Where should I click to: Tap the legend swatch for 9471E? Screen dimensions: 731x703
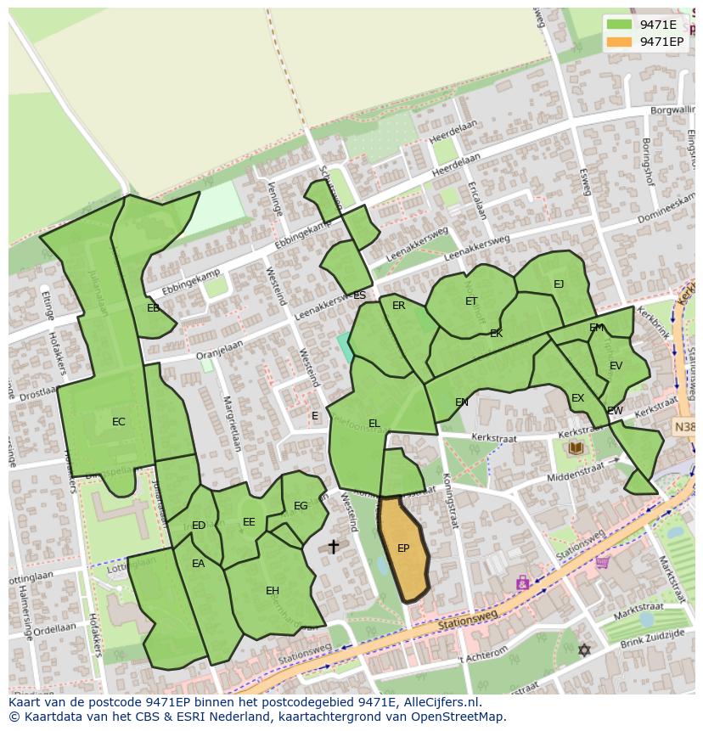(620, 25)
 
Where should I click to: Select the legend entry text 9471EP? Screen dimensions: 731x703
(661, 42)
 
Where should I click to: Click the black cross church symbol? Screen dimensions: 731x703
(333, 547)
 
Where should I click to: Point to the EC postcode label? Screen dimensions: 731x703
(119, 421)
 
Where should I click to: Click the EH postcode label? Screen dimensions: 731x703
(272, 591)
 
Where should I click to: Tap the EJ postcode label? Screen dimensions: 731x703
(558, 284)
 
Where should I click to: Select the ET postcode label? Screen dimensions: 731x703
(471, 301)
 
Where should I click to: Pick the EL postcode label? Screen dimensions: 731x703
(374, 424)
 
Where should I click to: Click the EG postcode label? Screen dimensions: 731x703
(301, 506)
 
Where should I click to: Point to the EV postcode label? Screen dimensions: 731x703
(616, 366)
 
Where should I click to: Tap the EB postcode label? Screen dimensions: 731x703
(153, 308)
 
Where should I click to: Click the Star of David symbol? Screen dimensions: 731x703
(583, 650)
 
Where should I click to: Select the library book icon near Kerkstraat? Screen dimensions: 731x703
(576, 447)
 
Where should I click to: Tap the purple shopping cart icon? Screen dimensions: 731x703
(602, 561)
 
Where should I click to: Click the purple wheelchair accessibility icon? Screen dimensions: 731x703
(522, 583)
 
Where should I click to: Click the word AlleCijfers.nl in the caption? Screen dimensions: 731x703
(441, 702)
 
